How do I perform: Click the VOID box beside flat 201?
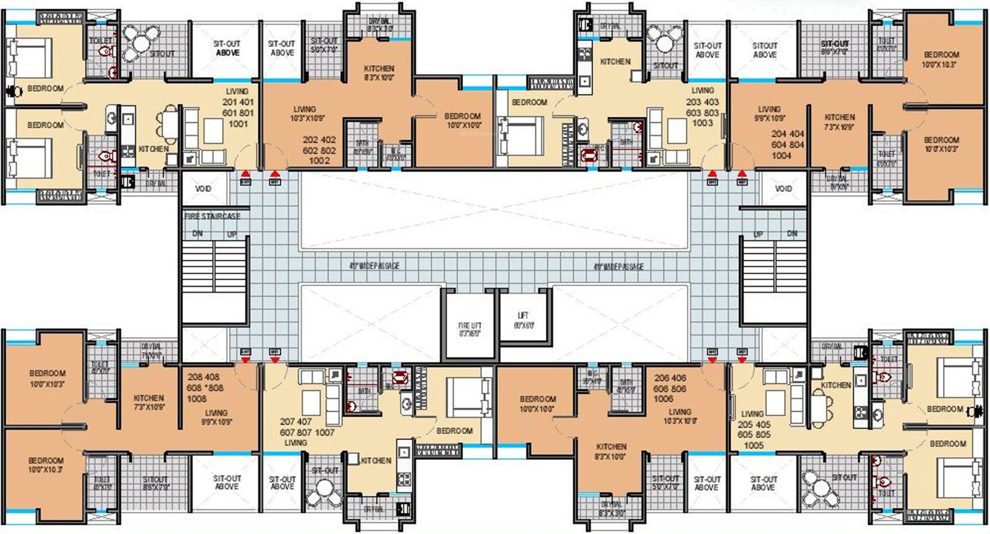(x=203, y=189)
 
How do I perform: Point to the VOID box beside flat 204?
(x=783, y=189)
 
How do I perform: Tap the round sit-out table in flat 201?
(x=137, y=40)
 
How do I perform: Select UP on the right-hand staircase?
(x=758, y=233)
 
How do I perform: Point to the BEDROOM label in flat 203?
(x=529, y=102)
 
